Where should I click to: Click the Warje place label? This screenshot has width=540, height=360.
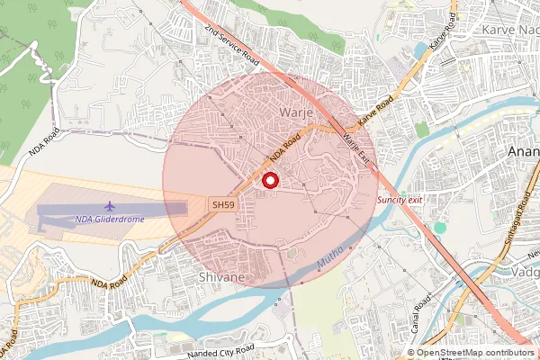click(x=295, y=112)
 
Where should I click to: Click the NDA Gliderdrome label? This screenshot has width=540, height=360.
click(x=110, y=219)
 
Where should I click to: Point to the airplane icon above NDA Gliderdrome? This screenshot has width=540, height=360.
click(x=110, y=207)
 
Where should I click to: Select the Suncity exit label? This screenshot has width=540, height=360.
click(x=400, y=199)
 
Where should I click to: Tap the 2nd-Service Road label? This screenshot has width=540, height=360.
click(x=231, y=47)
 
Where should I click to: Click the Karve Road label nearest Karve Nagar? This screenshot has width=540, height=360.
click(x=439, y=35)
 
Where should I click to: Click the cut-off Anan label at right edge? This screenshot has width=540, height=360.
click(x=524, y=151)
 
